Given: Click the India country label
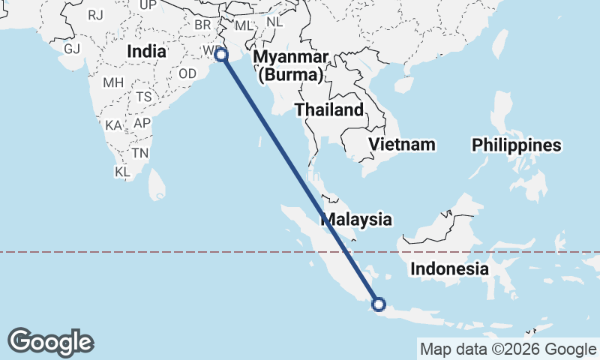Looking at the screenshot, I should [x=146, y=51].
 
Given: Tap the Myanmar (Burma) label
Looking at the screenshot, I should [x=291, y=66].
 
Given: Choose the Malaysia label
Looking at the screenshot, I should [x=356, y=220].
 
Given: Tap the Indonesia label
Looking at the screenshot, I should [x=450, y=268].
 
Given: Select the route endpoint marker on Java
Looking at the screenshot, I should [x=379, y=304].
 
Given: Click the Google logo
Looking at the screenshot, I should [x=50, y=342].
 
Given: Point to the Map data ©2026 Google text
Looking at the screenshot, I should [x=507, y=349].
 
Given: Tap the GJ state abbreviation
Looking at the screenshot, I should [x=72, y=49].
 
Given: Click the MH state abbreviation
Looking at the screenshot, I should [x=113, y=82].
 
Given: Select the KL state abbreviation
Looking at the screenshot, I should [x=123, y=172].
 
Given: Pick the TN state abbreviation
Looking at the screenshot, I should [x=139, y=152].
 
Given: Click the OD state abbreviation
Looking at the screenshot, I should [x=187, y=73].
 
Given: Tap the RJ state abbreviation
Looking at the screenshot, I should [x=95, y=14].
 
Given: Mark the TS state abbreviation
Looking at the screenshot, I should [x=144, y=97].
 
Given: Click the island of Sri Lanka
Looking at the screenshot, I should [x=156, y=183].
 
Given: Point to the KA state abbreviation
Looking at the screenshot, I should [x=114, y=124].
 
